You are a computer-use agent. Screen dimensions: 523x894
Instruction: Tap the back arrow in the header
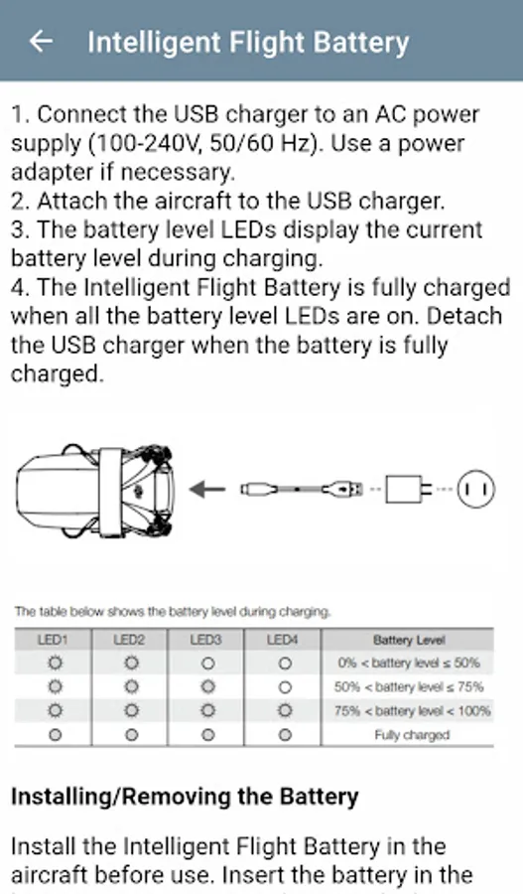(41, 41)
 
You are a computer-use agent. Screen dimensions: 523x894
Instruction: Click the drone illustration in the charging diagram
(95, 492)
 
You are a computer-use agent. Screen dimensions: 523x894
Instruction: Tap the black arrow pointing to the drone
(206, 489)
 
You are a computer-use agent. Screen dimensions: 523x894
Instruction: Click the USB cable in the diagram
(302, 489)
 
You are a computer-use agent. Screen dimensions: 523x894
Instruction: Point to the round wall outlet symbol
(475, 489)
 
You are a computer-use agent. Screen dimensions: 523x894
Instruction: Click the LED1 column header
(53, 640)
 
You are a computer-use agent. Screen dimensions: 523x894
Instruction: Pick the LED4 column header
(283, 640)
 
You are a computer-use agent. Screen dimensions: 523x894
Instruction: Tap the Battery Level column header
(409, 641)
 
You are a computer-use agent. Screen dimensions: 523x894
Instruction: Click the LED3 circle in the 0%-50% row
(208, 664)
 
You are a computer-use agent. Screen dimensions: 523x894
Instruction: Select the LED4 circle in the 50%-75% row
(285, 687)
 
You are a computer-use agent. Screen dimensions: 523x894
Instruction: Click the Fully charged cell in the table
(412, 735)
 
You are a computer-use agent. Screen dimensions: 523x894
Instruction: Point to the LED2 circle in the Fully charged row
(132, 735)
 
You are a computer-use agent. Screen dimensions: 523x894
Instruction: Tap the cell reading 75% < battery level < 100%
(412, 711)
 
